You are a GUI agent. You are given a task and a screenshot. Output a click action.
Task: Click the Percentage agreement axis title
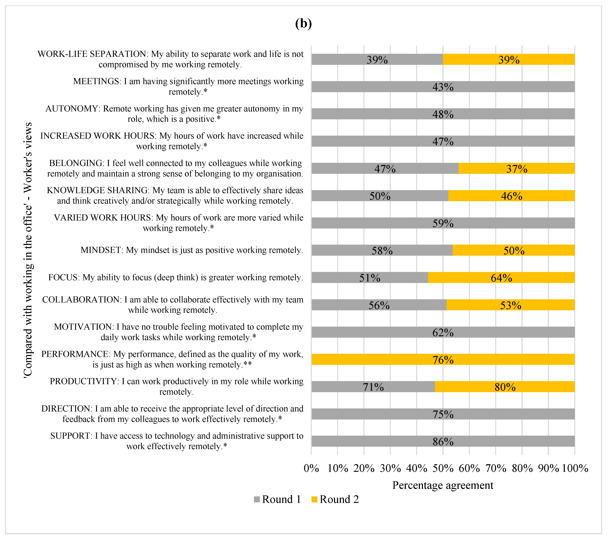(x=443, y=485)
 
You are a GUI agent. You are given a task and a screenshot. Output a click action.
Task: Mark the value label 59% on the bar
(x=443, y=223)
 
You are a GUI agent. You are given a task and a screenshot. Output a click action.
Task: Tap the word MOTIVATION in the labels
(x=83, y=327)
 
